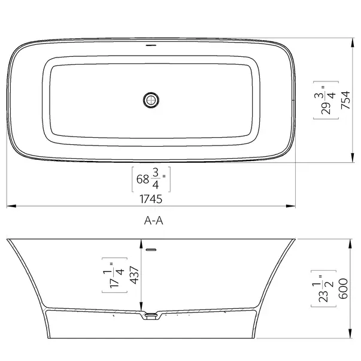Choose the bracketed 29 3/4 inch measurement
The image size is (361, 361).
(326, 101)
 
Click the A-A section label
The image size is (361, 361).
(154, 220)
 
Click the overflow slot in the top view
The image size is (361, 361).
(151, 45)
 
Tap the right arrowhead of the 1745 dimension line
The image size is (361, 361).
(293, 207)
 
